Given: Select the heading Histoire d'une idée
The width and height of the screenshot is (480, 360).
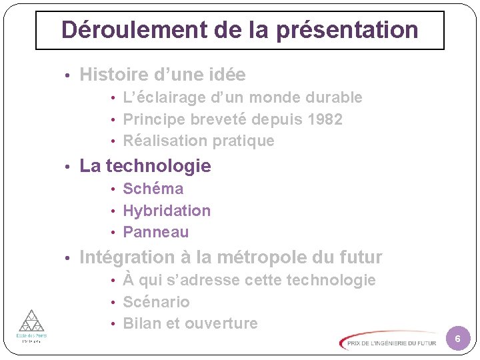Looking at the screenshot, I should pyautogui.click(x=163, y=75).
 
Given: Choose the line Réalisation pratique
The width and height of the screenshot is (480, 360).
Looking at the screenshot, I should pyautogui.click(x=199, y=141).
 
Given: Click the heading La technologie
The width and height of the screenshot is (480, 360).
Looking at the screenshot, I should pyautogui.click(x=145, y=166).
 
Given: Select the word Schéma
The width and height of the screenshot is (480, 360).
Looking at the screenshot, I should pyautogui.click(x=153, y=189).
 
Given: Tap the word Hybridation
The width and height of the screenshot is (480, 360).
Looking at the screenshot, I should pyautogui.click(x=167, y=211).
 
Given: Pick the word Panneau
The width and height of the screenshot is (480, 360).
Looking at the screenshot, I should pyautogui.click(x=156, y=232).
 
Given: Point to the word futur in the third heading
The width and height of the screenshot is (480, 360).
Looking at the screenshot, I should pyautogui.click(x=361, y=257).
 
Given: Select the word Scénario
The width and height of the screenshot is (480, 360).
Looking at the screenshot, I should pyautogui.click(x=157, y=302).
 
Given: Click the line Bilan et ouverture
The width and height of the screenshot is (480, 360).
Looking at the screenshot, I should pyautogui.click(x=190, y=323).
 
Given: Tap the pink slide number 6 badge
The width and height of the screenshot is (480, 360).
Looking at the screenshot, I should pyautogui.click(x=457, y=340).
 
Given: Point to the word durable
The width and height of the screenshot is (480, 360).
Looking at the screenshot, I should pyautogui.click(x=334, y=97).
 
